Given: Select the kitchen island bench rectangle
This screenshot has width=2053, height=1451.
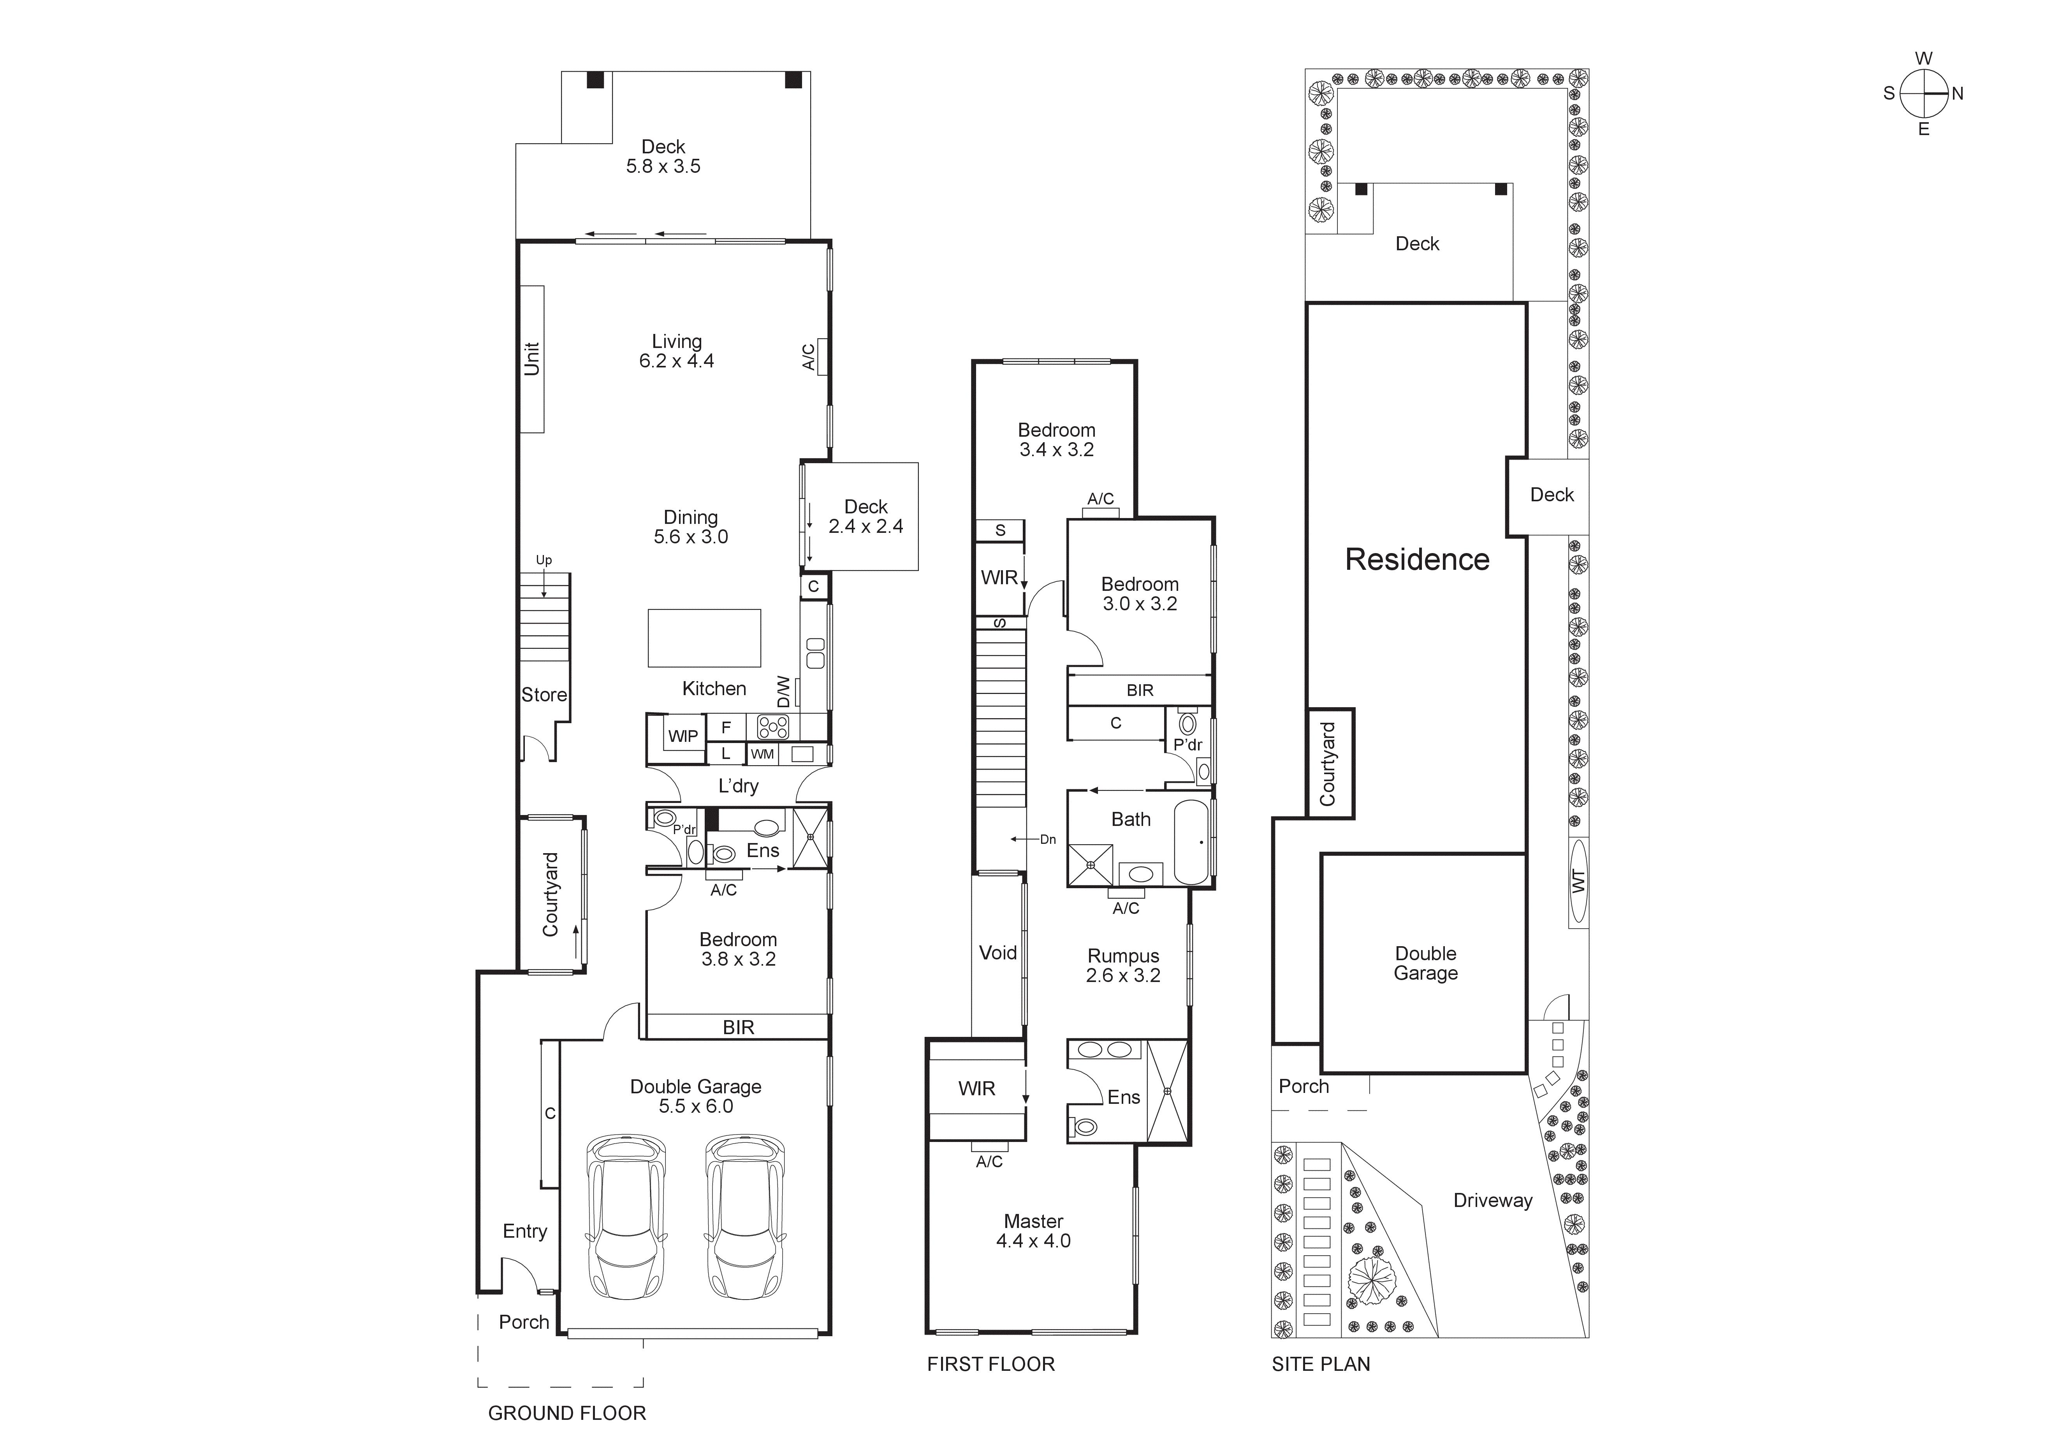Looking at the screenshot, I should [705, 638].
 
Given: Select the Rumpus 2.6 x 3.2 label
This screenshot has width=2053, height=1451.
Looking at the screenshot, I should [1123, 966].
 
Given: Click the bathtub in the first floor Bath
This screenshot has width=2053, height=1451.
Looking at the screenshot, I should [1191, 842].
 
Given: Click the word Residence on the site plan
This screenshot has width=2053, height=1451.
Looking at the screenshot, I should [1417, 560].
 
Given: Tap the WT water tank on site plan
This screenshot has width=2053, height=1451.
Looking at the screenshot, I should [1578, 881].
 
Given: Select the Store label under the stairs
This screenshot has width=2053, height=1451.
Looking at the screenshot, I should [544, 695].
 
